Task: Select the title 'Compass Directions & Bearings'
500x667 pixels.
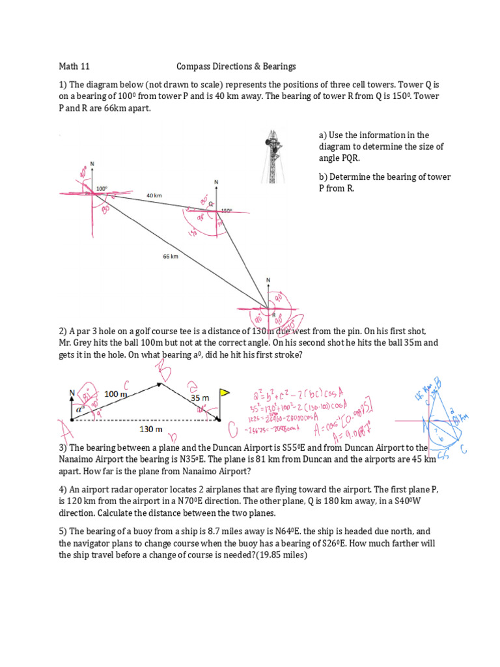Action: tap(236, 66)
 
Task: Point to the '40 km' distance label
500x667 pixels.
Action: tap(154, 195)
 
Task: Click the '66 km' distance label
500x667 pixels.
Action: tap(171, 257)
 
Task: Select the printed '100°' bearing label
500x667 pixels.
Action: tap(102, 189)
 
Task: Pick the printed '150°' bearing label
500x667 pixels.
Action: tap(226, 210)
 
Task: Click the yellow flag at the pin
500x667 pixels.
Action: tap(225, 393)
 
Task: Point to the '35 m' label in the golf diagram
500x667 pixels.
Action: tap(200, 397)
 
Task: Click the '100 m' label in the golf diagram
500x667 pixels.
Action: tap(117, 394)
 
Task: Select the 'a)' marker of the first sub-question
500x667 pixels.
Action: tap(323, 135)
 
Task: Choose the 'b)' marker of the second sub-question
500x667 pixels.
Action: tap(323, 177)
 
